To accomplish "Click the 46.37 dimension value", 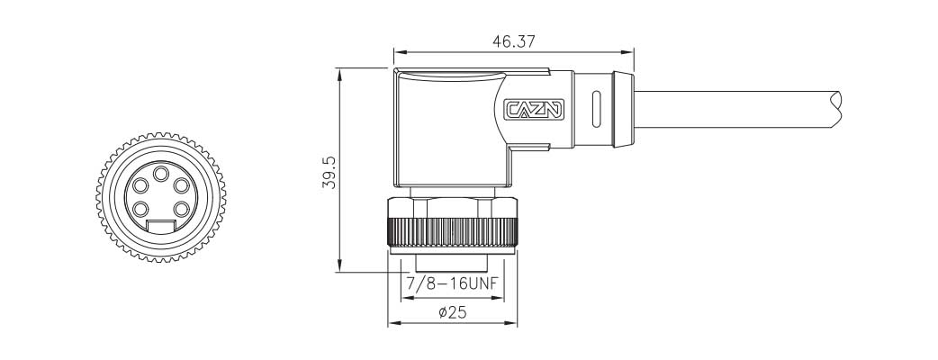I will [x=512, y=41].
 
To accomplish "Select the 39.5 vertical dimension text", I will [x=329, y=171].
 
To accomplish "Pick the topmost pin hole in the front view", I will [x=162, y=174].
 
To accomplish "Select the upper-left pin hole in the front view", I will [x=141, y=186].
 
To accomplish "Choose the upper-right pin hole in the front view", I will [x=182, y=186].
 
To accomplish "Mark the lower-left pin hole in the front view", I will [x=142, y=211].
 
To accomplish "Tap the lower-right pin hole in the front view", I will [x=182, y=211].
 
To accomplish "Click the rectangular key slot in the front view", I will [x=162, y=227].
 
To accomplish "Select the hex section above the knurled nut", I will [x=452, y=206].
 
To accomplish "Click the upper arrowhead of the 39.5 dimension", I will [x=338, y=72].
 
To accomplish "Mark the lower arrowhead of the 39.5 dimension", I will [x=338, y=267].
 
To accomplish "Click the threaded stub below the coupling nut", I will [x=452, y=263].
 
